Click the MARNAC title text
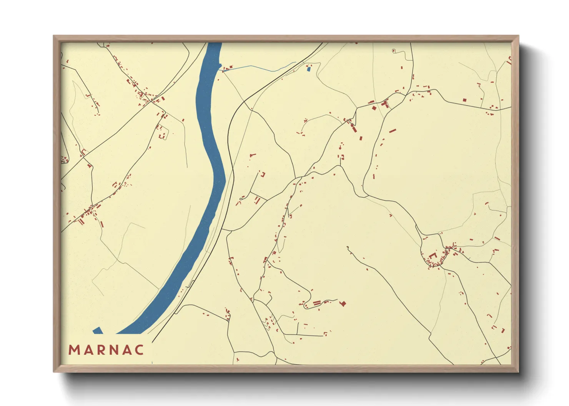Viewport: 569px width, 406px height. pyautogui.click(x=106, y=350)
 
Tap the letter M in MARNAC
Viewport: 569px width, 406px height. pyautogui.click(x=74, y=350)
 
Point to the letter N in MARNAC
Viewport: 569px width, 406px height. pyautogui.click(x=113, y=350)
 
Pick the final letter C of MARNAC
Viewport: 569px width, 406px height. pyautogui.click(x=139, y=350)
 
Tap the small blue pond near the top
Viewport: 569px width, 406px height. pyautogui.click(x=308, y=69)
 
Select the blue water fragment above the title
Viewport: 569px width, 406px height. pyautogui.click(x=98, y=330)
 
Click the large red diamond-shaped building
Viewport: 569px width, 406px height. pyautogui.click(x=343, y=304)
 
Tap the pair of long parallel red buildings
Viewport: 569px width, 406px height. pyautogui.click(x=317, y=303)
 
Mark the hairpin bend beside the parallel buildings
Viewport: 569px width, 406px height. pyautogui.click(x=305, y=305)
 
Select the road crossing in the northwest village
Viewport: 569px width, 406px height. pyautogui.click(x=151, y=101)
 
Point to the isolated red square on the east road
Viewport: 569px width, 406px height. pyautogui.click(x=464, y=100)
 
